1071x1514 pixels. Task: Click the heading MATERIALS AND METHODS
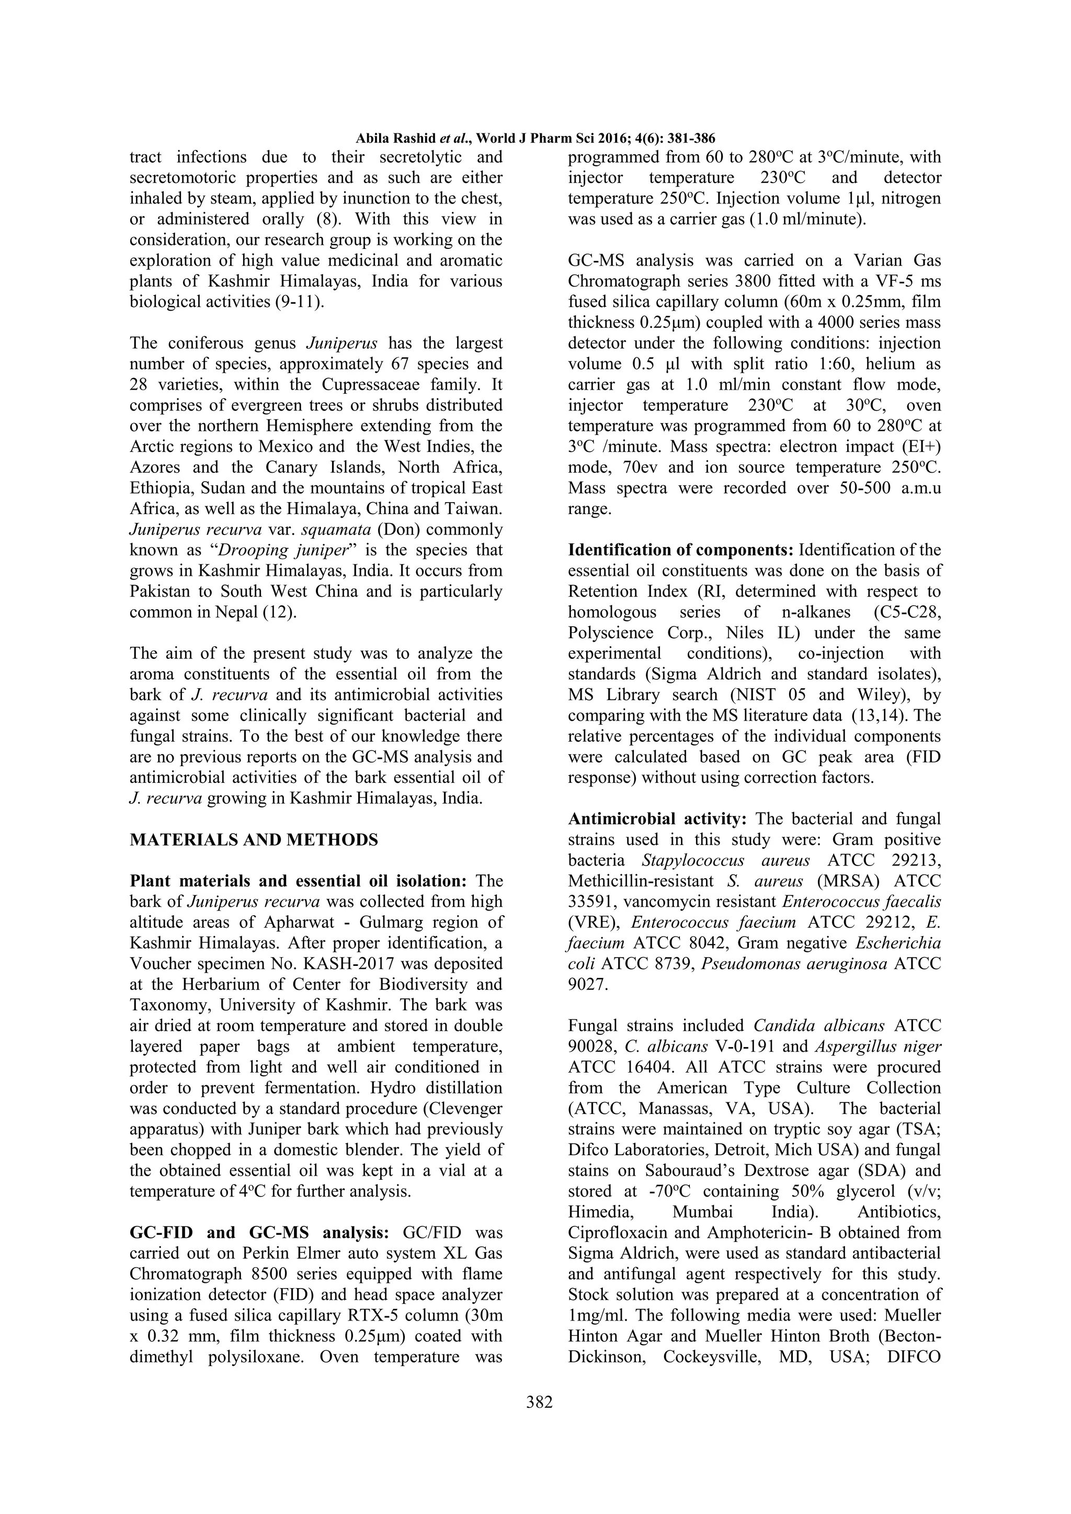(254, 839)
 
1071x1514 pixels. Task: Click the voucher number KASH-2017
(347, 964)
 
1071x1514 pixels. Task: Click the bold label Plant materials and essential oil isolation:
(298, 881)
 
